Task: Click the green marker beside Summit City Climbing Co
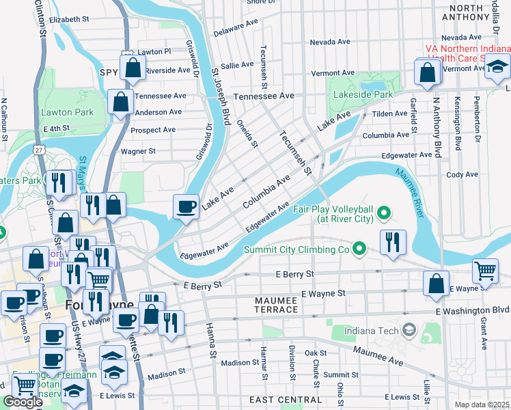coord(358,249)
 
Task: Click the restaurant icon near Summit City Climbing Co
coord(393,241)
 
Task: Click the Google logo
coord(23,402)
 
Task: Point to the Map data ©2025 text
coord(482,404)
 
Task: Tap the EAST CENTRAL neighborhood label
coord(281,399)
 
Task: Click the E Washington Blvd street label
coord(474,310)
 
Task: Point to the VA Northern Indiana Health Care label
coord(467,53)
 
